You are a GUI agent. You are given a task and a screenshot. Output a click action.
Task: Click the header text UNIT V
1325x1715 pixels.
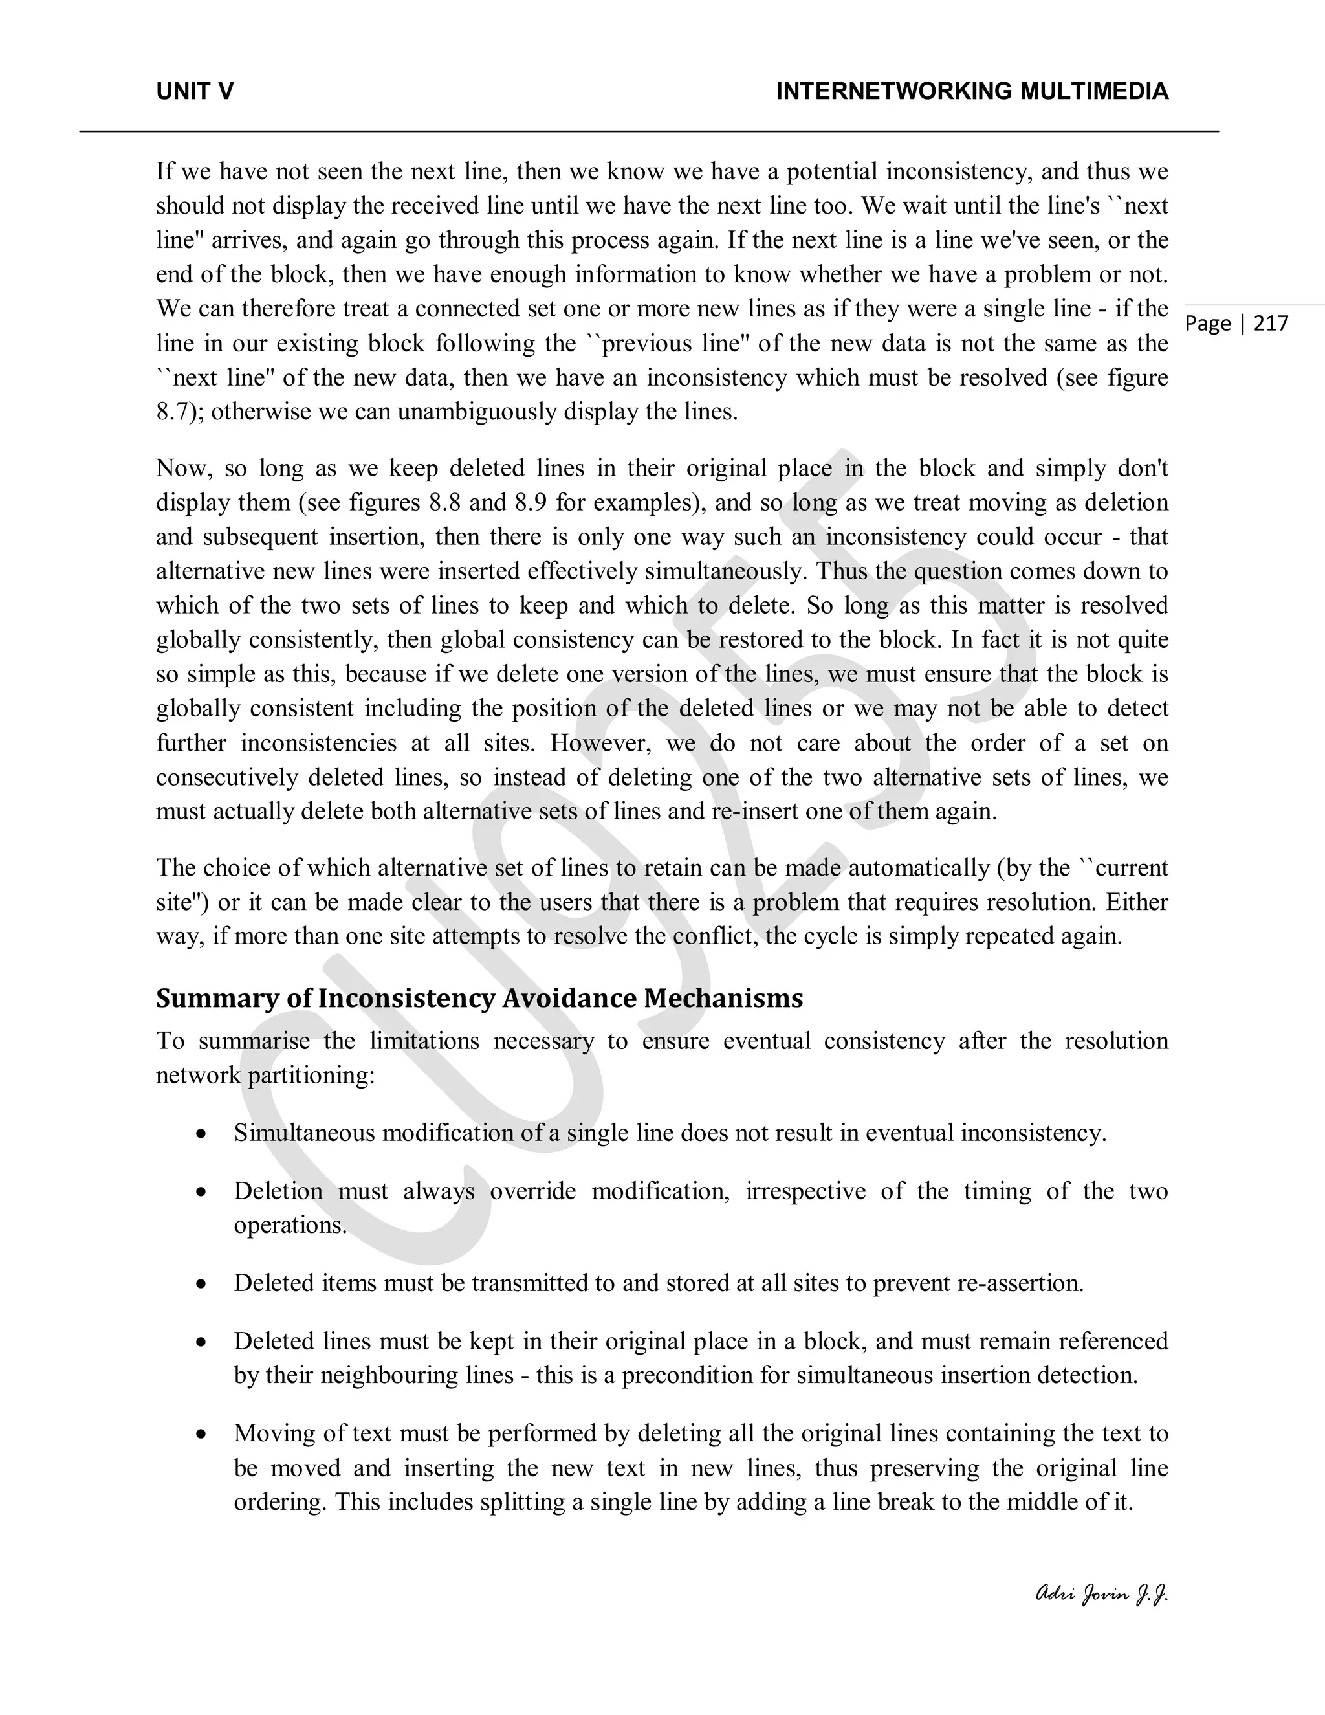(x=195, y=92)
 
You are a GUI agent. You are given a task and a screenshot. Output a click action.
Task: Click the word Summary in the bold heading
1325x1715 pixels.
(x=206, y=998)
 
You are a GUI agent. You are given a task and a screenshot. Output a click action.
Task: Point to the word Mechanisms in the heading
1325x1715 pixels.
(x=724, y=998)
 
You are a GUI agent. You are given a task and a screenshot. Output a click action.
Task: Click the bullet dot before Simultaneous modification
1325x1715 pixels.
(x=202, y=1134)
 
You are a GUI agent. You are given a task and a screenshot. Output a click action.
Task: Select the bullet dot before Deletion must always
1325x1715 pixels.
(x=202, y=1192)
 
